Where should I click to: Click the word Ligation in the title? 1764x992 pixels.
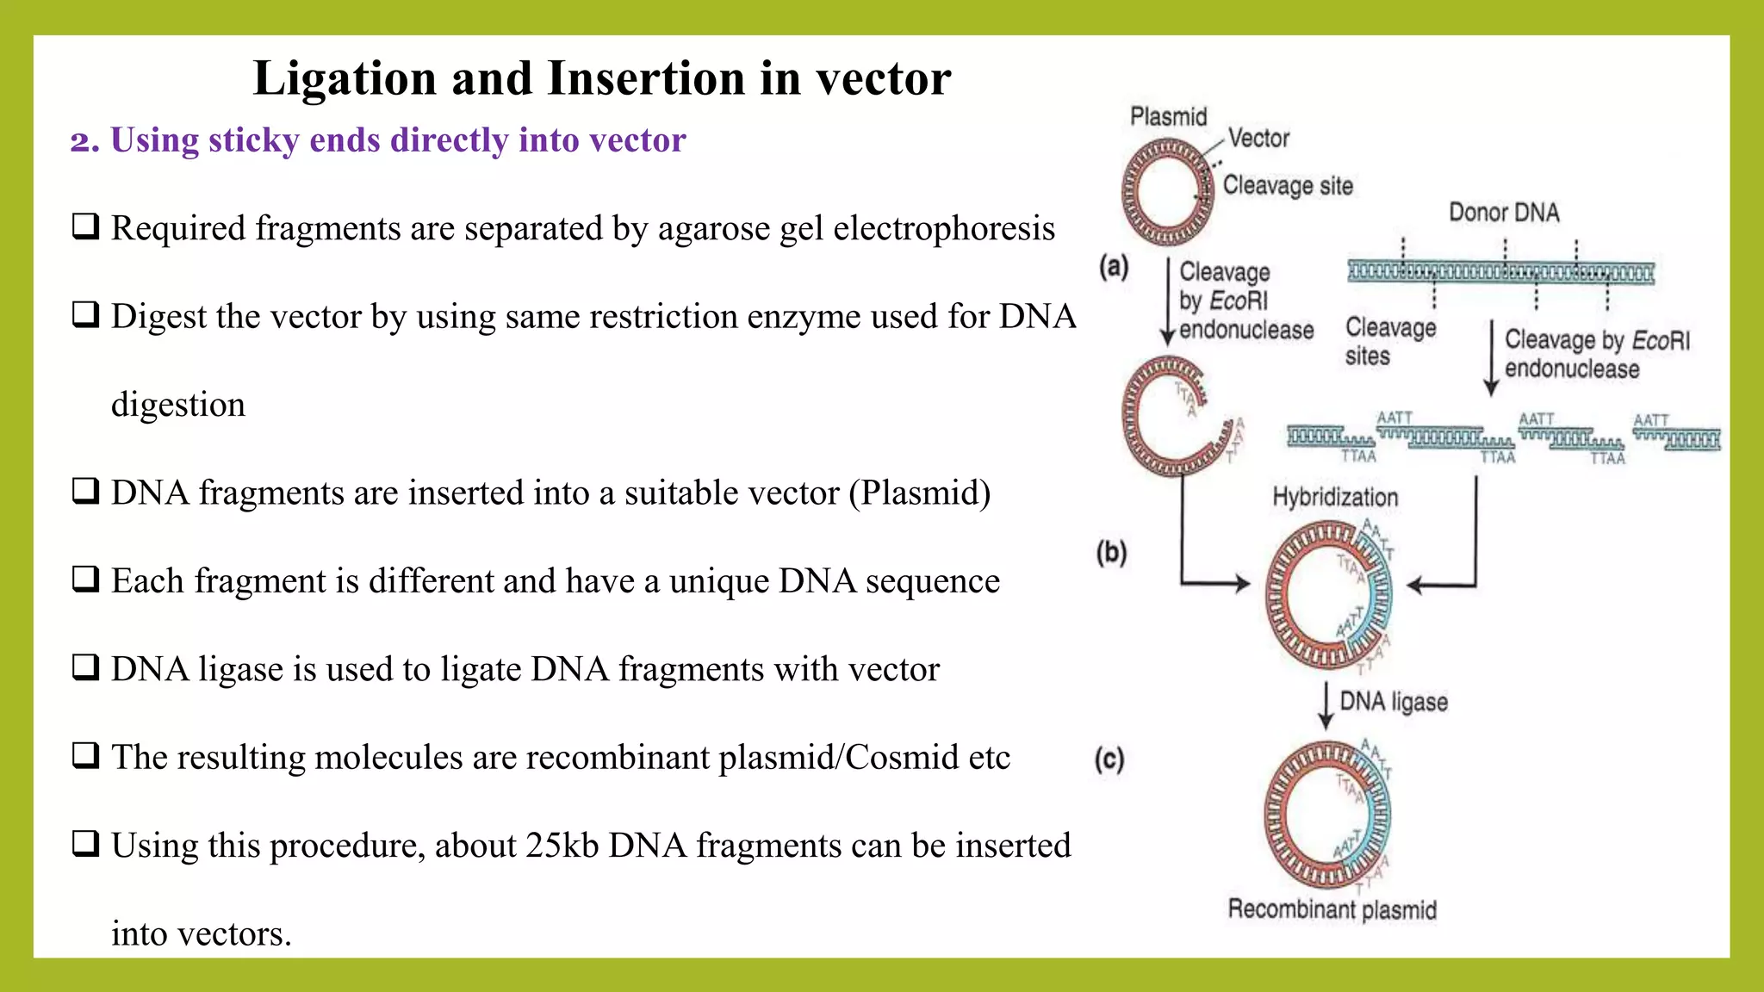click(345, 79)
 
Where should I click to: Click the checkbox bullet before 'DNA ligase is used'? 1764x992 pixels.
click(85, 667)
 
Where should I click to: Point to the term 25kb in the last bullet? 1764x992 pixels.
click(562, 846)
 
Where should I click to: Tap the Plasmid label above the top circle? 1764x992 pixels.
click(1168, 116)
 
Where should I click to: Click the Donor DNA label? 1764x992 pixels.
click(1504, 212)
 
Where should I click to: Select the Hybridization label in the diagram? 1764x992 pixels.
click(1335, 497)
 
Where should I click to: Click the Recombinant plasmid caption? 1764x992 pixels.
click(1332, 909)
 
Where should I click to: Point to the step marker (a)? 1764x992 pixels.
click(1113, 266)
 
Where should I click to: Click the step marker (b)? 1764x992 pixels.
click(1111, 552)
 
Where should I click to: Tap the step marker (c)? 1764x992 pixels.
click(1109, 759)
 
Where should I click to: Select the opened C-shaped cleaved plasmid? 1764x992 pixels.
click(1163, 417)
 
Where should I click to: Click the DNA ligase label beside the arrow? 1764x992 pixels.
click(1393, 702)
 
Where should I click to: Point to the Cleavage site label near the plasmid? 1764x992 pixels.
click(1288, 185)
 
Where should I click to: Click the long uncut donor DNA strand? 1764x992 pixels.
click(1500, 274)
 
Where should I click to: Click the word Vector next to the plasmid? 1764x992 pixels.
click(1258, 138)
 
